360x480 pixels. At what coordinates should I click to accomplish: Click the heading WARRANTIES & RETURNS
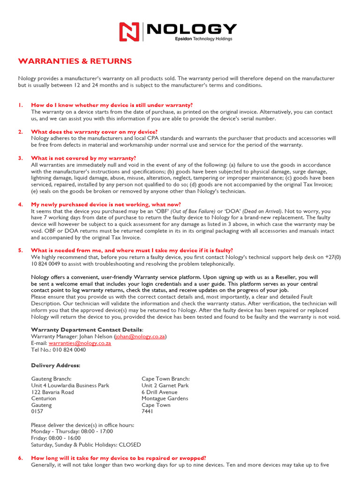click(x=75, y=61)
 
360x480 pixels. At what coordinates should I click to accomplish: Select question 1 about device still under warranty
click(x=112, y=105)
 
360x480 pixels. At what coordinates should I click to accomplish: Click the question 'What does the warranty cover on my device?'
click(x=94, y=132)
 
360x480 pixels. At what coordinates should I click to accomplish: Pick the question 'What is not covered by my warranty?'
click(x=83, y=158)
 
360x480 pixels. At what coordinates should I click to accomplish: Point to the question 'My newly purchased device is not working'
click(x=105, y=204)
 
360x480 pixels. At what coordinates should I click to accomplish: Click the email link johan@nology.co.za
click(x=140, y=337)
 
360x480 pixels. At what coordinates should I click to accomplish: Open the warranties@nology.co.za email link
click(x=80, y=343)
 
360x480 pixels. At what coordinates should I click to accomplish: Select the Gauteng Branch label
click(x=51, y=379)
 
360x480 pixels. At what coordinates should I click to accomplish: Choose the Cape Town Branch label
click(x=165, y=379)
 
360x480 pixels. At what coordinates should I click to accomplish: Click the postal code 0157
click(x=37, y=412)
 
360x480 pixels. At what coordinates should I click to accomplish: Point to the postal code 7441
click(x=147, y=412)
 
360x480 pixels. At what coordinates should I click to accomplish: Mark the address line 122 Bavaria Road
click(x=52, y=392)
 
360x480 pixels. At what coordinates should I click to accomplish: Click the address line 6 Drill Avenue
click(x=159, y=392)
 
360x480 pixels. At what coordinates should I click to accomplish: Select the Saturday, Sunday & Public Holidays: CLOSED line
click(x=86, y=444)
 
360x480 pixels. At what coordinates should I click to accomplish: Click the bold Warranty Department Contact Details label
click(x=87, y=330)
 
